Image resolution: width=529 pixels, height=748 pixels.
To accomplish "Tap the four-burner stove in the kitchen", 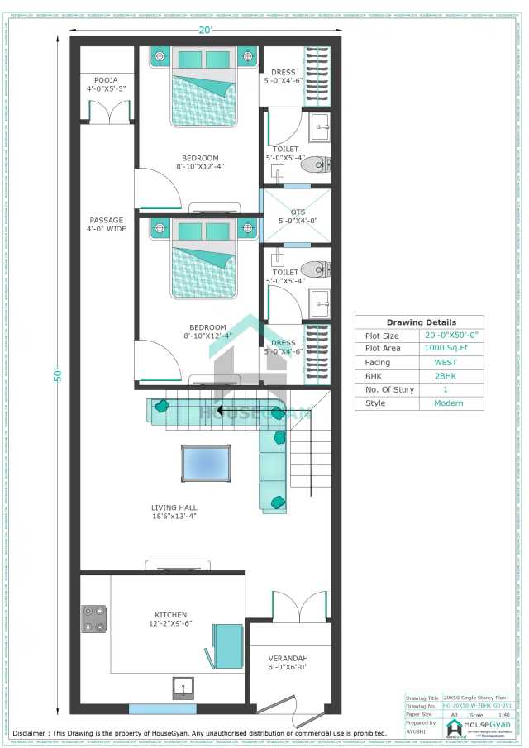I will click(x=94, y=619).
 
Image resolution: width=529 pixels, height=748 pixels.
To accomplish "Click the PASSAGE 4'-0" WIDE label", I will click(x=107, y=225).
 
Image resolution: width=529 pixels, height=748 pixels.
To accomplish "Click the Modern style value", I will click(x=447, y=403).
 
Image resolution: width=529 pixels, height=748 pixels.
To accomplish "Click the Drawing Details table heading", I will click(x=421, y=322).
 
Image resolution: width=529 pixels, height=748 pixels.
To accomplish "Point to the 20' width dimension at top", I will click(x=206, y=31).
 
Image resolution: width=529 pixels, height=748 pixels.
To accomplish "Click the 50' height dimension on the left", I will click(x=59, y=374).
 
